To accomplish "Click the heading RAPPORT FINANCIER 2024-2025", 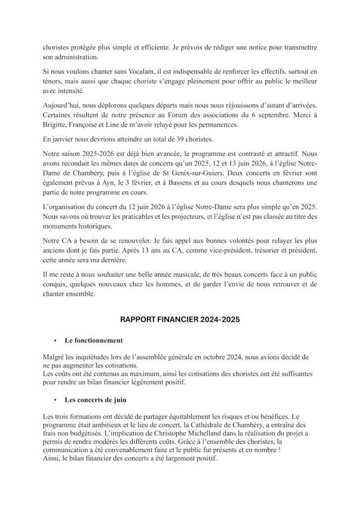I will pos(180,321).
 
